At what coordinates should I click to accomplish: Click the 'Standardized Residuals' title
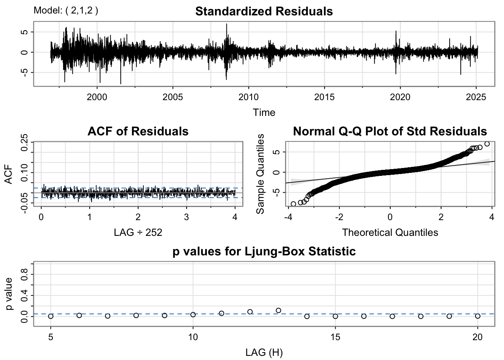point(264,11)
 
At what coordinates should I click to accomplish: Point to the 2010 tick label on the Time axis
point(249,97)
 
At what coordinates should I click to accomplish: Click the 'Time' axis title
point(264,112)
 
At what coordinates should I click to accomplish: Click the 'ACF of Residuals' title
point(138,131)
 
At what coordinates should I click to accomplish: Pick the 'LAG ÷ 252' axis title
point(138,232)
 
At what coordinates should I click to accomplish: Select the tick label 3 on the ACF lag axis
point(186,217)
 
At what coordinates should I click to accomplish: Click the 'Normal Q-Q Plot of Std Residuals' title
point(390,131)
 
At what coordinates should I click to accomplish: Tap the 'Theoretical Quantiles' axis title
point(390,232)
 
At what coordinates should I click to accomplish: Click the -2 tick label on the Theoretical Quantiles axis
point(339,217)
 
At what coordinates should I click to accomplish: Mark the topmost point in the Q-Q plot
point(487,144)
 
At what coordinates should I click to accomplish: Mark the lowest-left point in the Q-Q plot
point(293,204)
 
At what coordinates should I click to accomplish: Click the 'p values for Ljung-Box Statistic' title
point(264,251)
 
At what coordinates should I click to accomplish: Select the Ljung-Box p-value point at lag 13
point(278,310)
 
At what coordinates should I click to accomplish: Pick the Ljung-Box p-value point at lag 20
point(477,316)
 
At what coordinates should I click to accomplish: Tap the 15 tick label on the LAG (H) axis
point(335,337)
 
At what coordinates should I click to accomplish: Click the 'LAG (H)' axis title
point(264,352)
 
